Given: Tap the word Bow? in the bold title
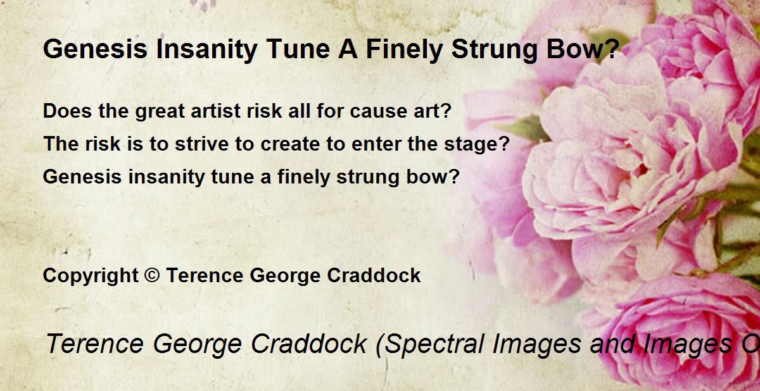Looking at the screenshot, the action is pyautogui.click(x=583, y=49).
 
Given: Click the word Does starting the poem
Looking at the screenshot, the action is pyautogui.click(x=67, y=111).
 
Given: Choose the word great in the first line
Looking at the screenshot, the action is pyautogui.click(x=160, y=111).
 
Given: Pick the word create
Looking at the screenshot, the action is pyautogui.click(x=290, y=144).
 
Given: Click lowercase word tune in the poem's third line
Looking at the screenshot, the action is pyautogui.click(x=232, y=177).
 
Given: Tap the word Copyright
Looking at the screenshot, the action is pyautogui.click(x=91, y=276).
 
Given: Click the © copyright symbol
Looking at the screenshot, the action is pyautogui.click(x=151, y=275).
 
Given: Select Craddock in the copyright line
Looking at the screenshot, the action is pyautogui.click(x=374, y=275).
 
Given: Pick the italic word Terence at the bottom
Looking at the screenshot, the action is pyautogui.click(x=94, y=344).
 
